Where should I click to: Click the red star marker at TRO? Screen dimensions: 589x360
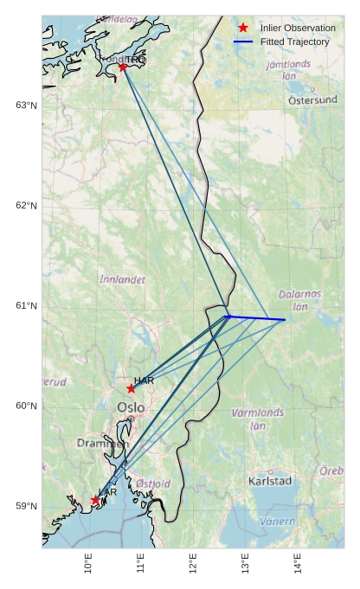(123, 67)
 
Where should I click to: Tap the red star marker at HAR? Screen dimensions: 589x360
(131, 388)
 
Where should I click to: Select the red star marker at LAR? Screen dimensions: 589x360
(95, 500)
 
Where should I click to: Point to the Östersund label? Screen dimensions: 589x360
(312, 99)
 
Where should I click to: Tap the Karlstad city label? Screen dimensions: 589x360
(270, 480)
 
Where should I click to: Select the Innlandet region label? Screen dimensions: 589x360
(122, 280)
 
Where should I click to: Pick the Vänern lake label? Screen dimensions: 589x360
(278, 522)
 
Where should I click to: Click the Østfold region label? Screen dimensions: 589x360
(153, 483)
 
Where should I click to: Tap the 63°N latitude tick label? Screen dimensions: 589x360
(27, 106)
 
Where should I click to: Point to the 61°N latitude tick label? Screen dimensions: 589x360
(27, 306)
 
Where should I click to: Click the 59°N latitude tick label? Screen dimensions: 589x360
(27, 506)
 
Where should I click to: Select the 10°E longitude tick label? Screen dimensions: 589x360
(88, 566)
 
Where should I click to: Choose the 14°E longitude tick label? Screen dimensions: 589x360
(298, 566)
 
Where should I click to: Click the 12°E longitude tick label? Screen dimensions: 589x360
(193, 566)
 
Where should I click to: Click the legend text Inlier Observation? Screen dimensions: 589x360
(298, 29)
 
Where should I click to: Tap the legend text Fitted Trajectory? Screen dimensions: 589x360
(294, 42)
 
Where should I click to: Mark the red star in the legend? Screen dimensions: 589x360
(243, 29)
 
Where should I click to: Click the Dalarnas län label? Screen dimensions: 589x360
(300, 299)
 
